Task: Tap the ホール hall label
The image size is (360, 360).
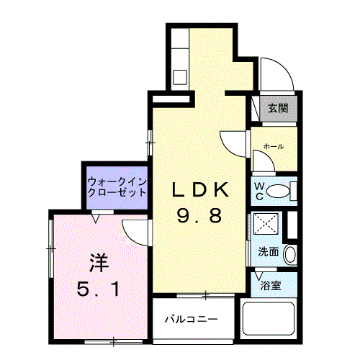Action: coord(273,146)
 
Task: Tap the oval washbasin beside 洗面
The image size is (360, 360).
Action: coord(289,253)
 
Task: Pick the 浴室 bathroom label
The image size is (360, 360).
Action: coord(271,285)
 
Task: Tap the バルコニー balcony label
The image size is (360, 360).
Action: coord(189,318)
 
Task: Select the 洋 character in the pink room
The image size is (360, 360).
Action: coord(99,260)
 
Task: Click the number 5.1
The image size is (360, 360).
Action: coord(101,289)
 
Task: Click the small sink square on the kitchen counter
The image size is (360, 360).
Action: coord(180,75)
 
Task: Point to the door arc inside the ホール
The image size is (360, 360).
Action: coord(261,159)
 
